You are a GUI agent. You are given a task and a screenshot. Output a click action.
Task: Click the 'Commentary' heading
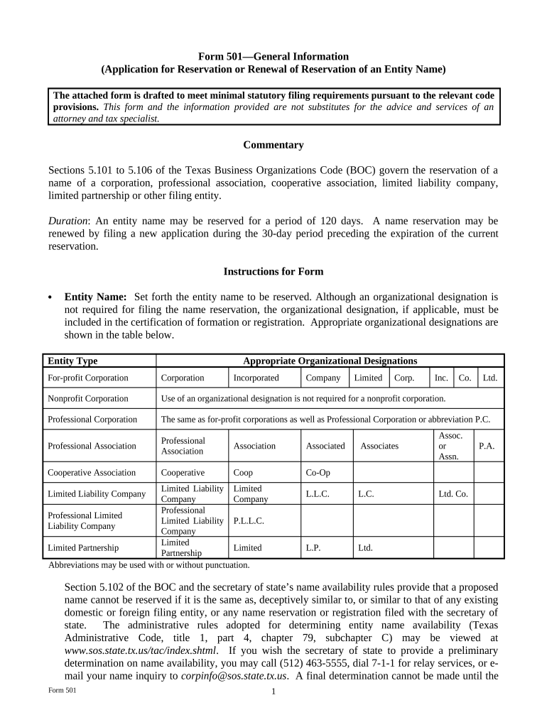click(273, 145)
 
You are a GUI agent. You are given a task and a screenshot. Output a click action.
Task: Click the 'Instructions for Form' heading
click(273, 271)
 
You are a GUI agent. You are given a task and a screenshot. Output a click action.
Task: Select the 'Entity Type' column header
click(72, 361)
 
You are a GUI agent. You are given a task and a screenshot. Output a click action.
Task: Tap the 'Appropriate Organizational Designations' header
click(330, 361)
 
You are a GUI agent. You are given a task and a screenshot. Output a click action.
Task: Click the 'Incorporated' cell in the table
click(256, 378)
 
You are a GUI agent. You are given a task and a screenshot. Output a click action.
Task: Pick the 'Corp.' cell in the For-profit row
click(405, 378)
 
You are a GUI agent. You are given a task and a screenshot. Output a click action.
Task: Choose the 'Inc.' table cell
click(441, 378)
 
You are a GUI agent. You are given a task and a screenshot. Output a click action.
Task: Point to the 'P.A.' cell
click(487, 446)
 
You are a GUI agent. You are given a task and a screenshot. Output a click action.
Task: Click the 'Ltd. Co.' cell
click(453, 494)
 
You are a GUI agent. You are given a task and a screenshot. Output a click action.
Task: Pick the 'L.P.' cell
click(314, 547)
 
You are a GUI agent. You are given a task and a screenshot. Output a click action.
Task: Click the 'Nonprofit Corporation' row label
click(88, 398)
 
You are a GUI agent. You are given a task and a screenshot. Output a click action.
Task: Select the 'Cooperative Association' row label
click(92, 473)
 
